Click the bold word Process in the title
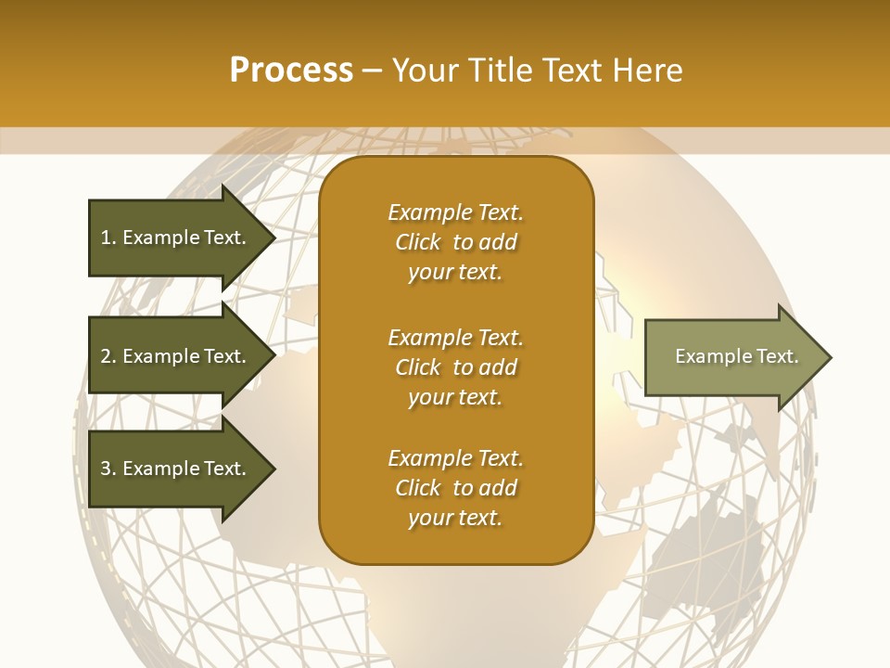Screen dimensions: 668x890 click(x=291, y=71)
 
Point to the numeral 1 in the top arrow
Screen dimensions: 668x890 click(x=106, y=238)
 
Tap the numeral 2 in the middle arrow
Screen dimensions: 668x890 click(x=106, y=356)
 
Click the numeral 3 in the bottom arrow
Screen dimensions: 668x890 click(x=106, y=469)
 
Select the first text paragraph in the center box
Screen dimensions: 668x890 click(x=455, y=242)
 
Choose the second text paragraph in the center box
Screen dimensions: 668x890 click(x=455, y=367)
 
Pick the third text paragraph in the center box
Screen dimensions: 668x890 click(x=455, y=488)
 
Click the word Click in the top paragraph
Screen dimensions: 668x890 click(x=417, y=242)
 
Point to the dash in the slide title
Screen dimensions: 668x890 click(x=373, y=71)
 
